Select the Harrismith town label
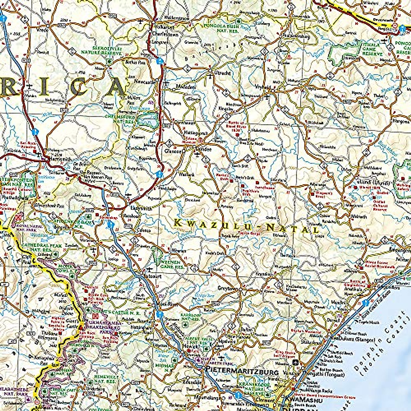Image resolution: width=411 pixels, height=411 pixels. click(x=60, y=159)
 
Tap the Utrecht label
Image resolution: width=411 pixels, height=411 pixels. click(x=222, y=73)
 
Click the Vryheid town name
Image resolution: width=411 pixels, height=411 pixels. click(x=263, y=87)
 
